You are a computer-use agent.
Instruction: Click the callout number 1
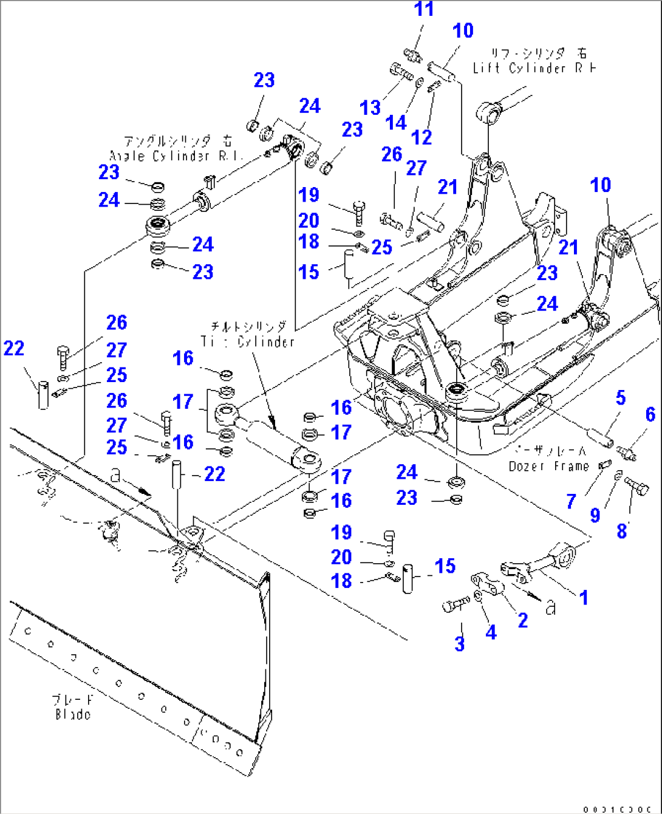click(x=584, y=597)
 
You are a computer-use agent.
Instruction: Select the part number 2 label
click(x=522, y=620)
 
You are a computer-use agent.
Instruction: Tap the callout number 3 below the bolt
click(x=460, y=643)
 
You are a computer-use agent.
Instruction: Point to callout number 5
click(x=620, y=398)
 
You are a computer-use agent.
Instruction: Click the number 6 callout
click(x=650, y=414)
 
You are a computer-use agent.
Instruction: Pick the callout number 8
click(x=622, y=530)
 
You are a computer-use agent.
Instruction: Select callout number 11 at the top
click(x=424, y=9)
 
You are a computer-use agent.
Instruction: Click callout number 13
click(x=370, y=108)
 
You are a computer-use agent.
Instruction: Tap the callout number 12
click(x=421, y=137)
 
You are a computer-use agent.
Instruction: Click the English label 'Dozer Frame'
click(x=548, y=467)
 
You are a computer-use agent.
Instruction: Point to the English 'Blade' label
click(x=73, y=714)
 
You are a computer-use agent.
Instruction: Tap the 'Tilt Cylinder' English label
click(x=248, y=342)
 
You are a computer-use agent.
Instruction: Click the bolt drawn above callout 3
click(x=456, y=604)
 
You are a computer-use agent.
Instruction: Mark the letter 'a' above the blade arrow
click(x=115, y=476)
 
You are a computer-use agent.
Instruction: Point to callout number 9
click(x=595, y=515)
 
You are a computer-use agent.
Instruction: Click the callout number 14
click(x=395, y=123)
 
